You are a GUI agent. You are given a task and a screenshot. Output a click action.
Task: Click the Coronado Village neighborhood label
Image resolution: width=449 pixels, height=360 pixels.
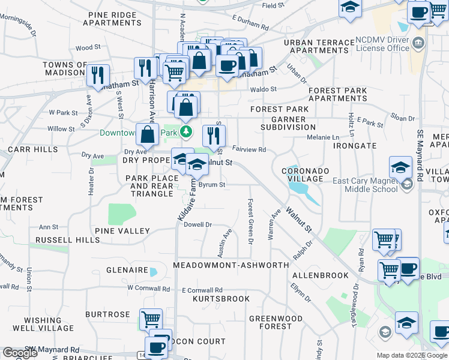coord(306,175)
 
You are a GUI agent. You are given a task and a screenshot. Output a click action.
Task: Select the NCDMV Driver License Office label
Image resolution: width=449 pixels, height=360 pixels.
coord(382,44)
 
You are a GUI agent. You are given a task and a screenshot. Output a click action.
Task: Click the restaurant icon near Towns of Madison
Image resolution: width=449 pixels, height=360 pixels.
coord(97,74)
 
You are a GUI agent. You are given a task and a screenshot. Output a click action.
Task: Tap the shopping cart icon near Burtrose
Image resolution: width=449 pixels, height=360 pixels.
coord(151,319)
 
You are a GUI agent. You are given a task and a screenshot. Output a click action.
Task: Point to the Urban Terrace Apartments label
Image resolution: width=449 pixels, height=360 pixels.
coord(319,47)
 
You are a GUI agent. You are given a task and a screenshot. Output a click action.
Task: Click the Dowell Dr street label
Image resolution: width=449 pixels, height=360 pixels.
coord(198,225)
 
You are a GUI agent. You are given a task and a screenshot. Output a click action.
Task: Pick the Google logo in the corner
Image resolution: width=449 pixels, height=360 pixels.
coord(20,353)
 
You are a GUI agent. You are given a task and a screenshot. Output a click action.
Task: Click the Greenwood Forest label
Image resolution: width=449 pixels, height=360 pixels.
coord(276,322)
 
